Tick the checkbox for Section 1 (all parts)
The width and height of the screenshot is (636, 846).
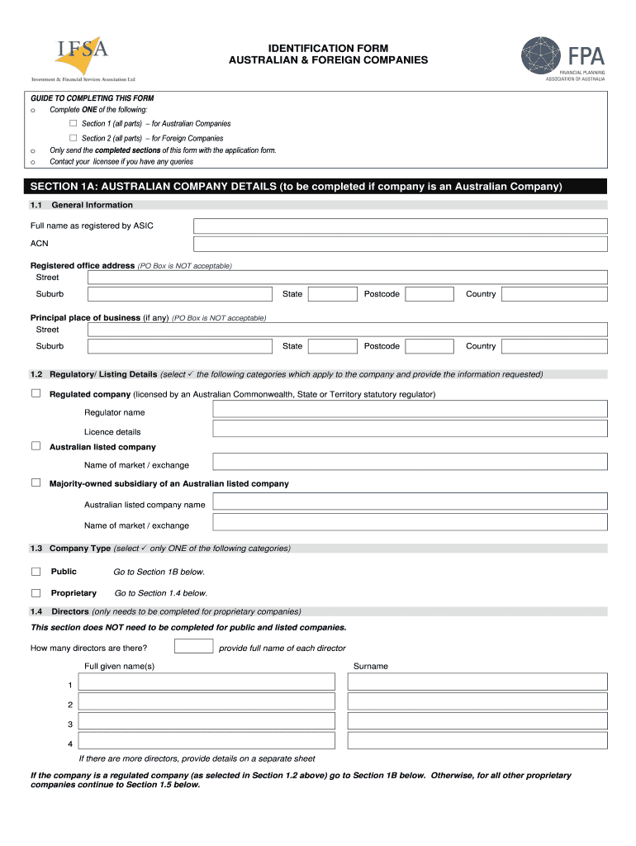[x=73, y=123]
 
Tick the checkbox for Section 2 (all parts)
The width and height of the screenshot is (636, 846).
[x=73, y=138]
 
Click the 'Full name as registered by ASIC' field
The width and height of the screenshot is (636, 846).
[x=400, y=226]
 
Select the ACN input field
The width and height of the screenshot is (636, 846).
[x=400, y=244]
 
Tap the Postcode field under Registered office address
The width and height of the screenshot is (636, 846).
[x=430, y=294]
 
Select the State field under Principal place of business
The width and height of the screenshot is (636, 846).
[x=332, y=346]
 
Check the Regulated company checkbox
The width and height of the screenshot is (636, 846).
[x=36, y=394]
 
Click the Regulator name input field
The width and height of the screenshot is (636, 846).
[x=410, y=410]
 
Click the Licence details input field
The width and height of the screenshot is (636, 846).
[x=410, y=429]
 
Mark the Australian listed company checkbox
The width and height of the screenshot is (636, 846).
[x=36, y=446]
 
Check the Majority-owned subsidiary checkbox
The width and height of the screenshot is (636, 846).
[x=36, y=482]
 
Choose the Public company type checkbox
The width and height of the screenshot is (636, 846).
[x=36, y=571]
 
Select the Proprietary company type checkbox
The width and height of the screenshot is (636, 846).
[x=36, y=592]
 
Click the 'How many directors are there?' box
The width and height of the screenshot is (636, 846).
[x=194, y=646]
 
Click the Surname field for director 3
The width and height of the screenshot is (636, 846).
[x=477, y=721]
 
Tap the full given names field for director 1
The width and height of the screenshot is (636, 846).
[x=206, y=682]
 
